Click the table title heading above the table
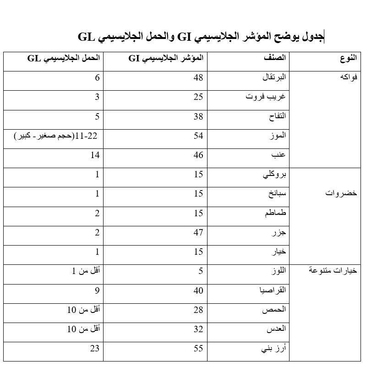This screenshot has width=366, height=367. (x=201, y=37)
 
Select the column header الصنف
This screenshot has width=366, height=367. (x=275, y=58)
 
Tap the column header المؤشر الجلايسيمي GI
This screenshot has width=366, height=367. (x=165, y=58)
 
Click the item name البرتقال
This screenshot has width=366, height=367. (x=274, y=77)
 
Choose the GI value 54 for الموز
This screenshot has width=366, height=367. (x=198, y=136)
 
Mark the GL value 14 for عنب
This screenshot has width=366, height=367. (x=95, y=155)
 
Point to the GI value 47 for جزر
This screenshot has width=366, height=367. (x=198, y=232)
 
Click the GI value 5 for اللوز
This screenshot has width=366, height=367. (x=200, y=271)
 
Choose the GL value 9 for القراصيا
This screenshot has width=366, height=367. (x=97, y=290)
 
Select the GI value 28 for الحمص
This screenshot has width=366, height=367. (x=198, y=310)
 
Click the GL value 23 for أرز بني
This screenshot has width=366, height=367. (x=95, y=348)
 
